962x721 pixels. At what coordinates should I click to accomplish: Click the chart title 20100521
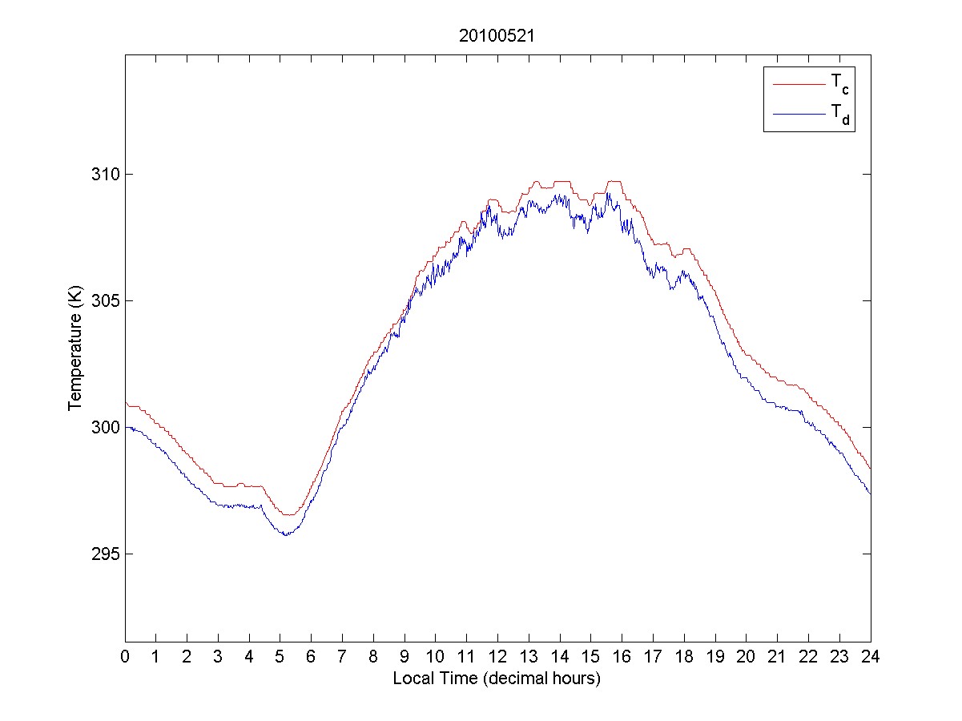click(x=497, y=36)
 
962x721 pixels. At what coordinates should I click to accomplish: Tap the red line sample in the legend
click(x=799, y=83)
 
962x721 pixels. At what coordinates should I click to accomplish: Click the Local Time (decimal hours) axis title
click(x=497, y=679)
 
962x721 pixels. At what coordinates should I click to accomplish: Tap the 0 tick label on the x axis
click(x=125, y=657)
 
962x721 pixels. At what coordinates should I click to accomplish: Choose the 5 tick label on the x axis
click(x=280, y=657)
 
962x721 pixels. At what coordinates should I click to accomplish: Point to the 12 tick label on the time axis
click(x=497, y=657)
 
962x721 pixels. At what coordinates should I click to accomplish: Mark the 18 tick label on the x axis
click(x=684, y=657)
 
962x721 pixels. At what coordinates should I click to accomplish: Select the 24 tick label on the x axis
click(x=870, y=657)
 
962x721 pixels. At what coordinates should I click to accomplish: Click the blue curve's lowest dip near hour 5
click(x=285, y=534)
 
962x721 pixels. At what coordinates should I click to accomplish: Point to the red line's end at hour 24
click(x=870, y=469)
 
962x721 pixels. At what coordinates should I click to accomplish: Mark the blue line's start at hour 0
click(x=126, y=427)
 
